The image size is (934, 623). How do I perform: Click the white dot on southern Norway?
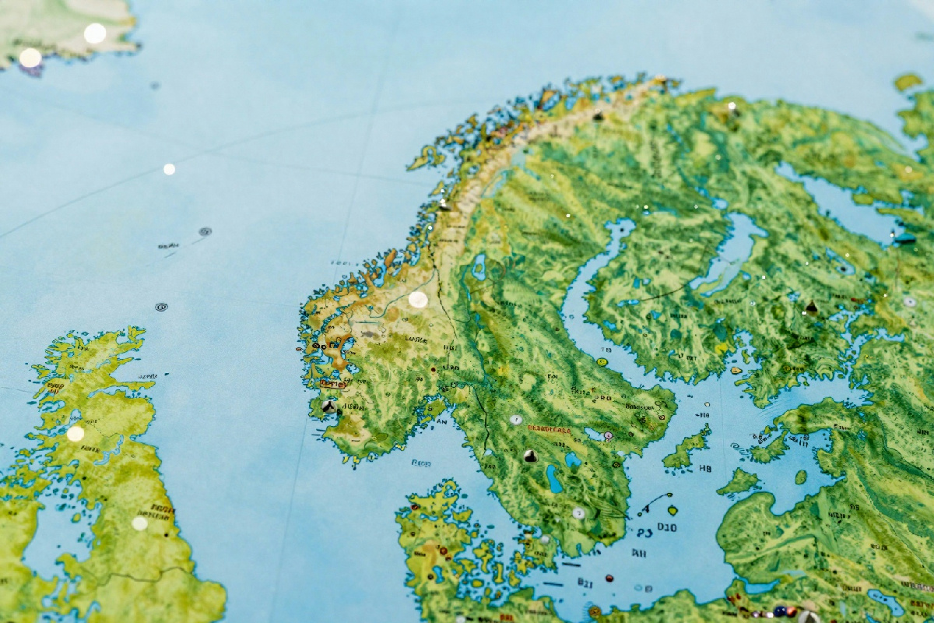[418, 300]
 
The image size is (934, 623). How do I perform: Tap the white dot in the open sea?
[169, 169]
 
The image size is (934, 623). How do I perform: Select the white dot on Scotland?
[75, 434]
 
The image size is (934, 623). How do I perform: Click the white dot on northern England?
[139, 523]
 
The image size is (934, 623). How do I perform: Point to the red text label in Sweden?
[550, 429]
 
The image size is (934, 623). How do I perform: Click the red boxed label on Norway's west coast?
[332, 384]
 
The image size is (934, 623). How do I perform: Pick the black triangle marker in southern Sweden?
[530, 456]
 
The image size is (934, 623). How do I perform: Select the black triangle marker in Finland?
[811, 307]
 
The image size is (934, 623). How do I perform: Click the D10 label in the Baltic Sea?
[668, 527]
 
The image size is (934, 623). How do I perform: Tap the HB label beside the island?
[705, 469]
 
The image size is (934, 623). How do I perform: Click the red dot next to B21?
[609, 579]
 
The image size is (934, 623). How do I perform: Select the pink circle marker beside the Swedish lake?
[607, 436]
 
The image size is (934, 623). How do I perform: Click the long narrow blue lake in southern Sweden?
[554, 479]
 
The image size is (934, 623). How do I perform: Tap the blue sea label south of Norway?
[420, 463]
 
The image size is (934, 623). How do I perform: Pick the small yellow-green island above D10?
[672, 510]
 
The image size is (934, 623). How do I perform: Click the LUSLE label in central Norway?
[416, 340]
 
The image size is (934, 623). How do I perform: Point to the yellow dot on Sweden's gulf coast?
[602, 362]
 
